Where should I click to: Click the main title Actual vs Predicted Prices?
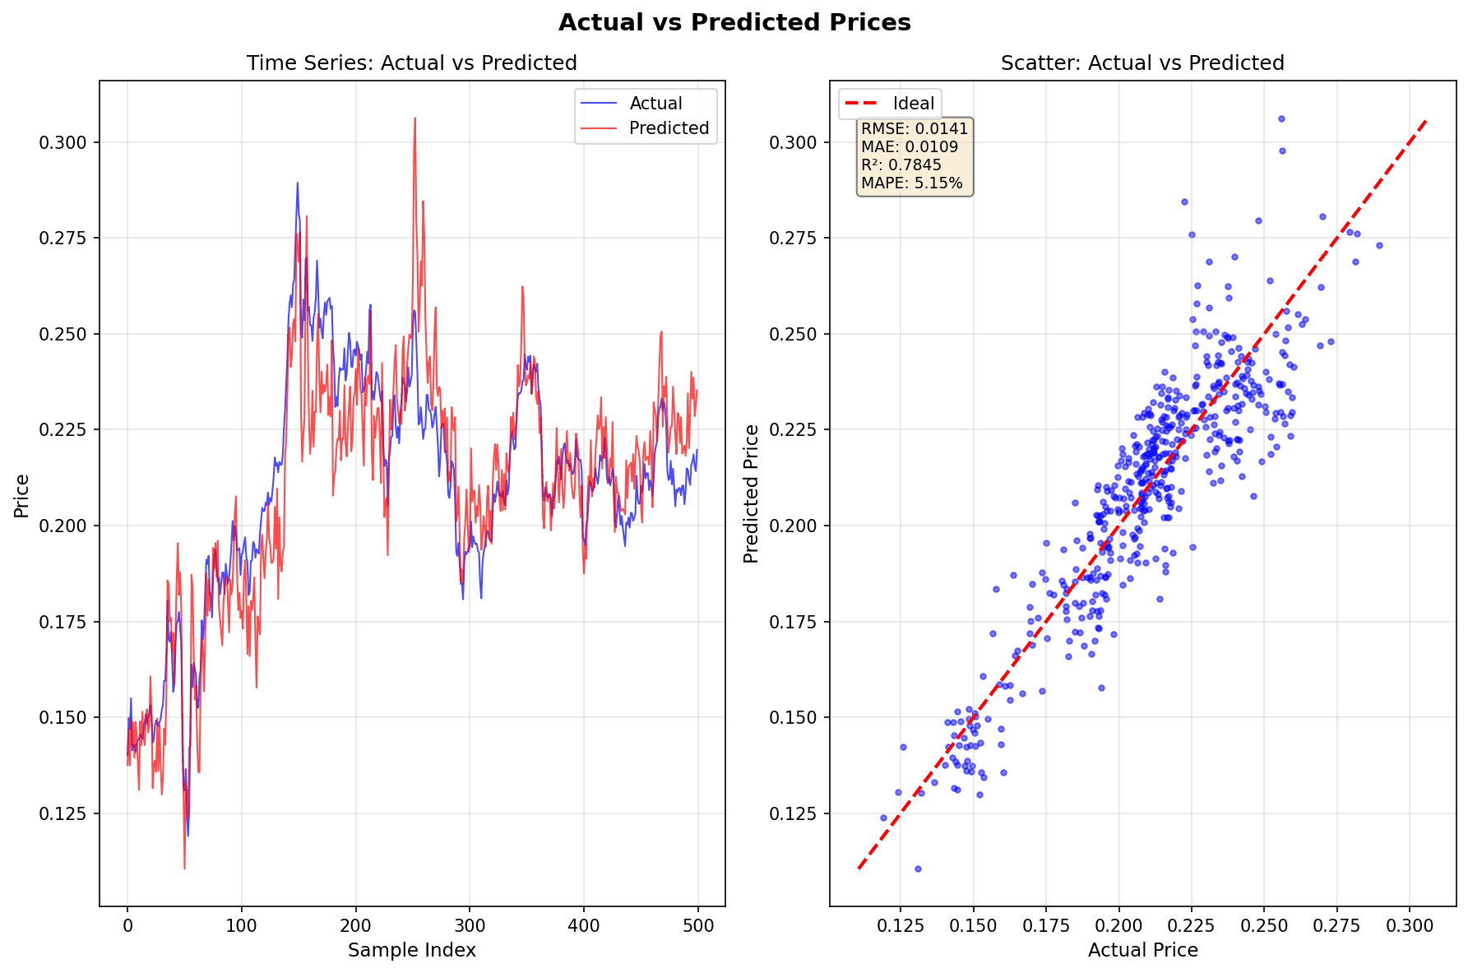tap(734, 23)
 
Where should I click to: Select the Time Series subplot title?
tap(411, 63)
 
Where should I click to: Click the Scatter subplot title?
tap(1142, 63)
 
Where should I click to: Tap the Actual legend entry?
tap(655, 104)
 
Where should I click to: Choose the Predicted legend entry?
tap(668, 128)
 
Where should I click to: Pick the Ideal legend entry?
tap(913, 104)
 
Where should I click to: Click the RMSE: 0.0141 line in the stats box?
tap(914, 129)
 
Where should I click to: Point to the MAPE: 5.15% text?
tap(911, 183)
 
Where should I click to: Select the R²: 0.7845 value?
tap(901, 165)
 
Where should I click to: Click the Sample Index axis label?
tap(411, 951)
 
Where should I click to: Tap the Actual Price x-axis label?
tap(1142, 951)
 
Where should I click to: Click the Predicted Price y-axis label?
tap(751, 494)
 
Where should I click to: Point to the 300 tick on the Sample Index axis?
tap(470, 925)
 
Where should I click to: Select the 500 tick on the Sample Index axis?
tap(697, 925)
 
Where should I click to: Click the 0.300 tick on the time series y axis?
tap(63, 143)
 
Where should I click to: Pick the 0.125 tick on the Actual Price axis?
tap(901, 925)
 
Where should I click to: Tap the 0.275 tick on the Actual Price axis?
tap(1337, 925)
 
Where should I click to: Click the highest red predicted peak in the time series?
tap(415, 118)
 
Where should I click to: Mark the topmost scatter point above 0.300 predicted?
tap(1280, 119)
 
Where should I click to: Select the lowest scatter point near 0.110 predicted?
tap(918, 869)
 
